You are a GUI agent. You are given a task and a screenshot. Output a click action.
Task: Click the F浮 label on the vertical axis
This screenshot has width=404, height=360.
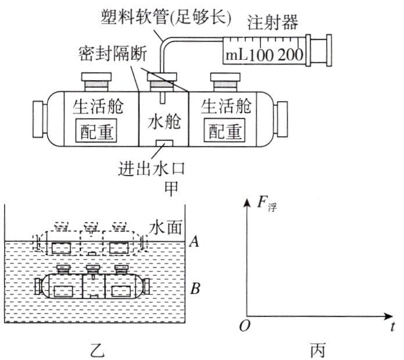click(x=267, y=204)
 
